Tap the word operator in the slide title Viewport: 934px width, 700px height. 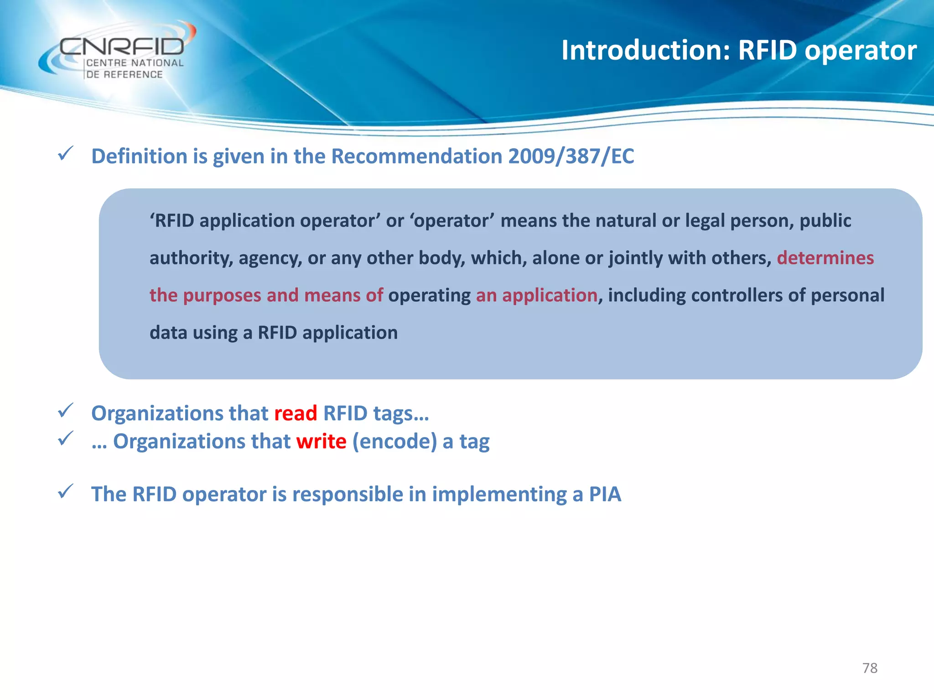click(861, 51)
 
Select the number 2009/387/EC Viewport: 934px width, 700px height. click(571, 156)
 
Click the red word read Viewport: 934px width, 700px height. click(296, 413)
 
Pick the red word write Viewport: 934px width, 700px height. click(321, 442)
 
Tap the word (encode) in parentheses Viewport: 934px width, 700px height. click(394, 442)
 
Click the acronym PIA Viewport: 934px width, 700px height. click(605, 494)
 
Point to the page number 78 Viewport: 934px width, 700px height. click(870, 668)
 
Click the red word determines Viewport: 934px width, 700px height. click(825, 258)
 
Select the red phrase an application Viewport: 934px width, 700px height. click(536, 295)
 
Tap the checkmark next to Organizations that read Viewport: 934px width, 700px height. click(66, 411)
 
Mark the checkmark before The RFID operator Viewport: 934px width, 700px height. click(66, 491)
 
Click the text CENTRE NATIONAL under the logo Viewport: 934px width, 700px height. click(135, 63)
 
